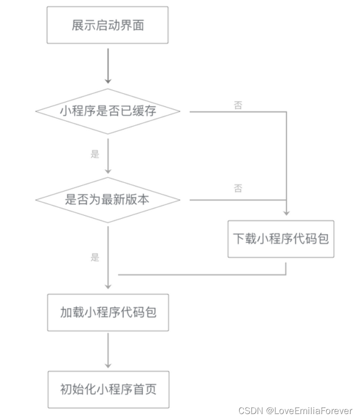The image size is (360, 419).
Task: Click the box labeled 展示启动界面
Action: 107,25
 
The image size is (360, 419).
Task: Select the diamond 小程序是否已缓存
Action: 107,111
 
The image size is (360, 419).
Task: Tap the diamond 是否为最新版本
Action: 107,200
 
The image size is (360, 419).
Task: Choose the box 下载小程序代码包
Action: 280,239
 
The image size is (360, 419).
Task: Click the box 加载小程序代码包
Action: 108,313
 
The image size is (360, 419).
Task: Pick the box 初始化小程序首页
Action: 108,389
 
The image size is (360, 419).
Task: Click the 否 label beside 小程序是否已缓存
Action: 238,105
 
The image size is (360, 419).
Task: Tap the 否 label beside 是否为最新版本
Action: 238,188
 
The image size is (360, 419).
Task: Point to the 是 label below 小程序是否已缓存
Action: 95,154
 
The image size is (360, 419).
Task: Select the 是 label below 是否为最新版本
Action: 95,257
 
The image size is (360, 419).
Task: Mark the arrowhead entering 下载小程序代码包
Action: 286,213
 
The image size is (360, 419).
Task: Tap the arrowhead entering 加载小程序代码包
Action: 107,286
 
